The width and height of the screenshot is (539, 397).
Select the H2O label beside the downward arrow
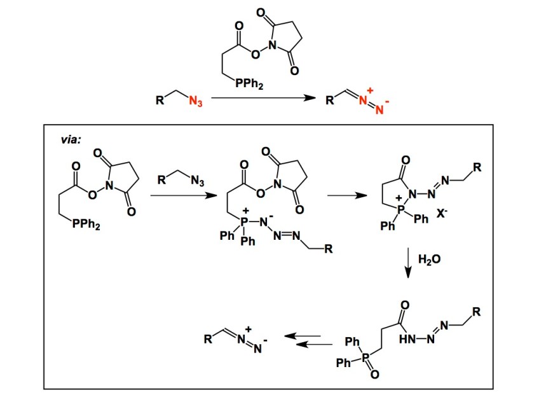pos(429,259)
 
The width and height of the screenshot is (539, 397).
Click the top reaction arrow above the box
pos(263,98)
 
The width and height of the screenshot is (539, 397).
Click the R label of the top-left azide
pos(160,100)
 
